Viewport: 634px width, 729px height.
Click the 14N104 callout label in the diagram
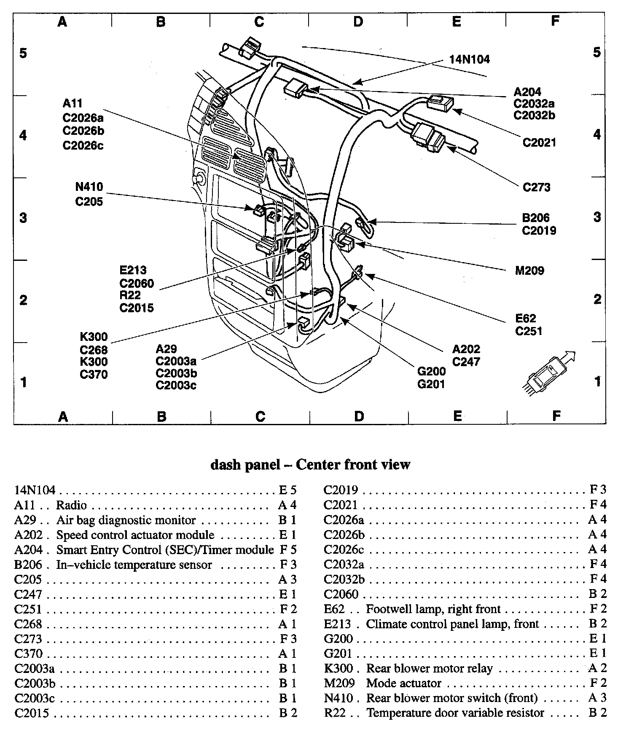pyautogui.click(x=470, y=59)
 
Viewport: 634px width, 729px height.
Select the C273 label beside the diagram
pyautogui.click(x=537, y=187)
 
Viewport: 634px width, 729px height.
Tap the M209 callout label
pyautogui.click(x=529, y=271)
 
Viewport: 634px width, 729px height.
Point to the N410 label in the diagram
pyautogui.click(x=89, y=187)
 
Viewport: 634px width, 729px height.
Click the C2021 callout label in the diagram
pyautogui.click(x=540, y=142)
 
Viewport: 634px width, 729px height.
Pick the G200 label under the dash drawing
pyautogui.click(x=431, y=371)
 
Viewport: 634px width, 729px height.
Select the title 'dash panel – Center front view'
pyautogui.click(x=310, y=464)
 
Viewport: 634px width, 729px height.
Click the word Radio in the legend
pyautogui.click(x=71, y=505)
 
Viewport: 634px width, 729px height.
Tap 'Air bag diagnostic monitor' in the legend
pyautogui.click(x=126, y=520)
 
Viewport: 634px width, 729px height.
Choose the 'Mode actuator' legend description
pyautogui.click(x=404, y=683)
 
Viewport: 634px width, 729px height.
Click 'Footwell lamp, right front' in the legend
pyautogui.click(x=433, y=609)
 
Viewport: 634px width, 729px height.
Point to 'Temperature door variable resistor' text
pyautogui.click(x=455, y=713)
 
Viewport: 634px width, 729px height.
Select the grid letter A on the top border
pyautogui.click(x=62, y=21)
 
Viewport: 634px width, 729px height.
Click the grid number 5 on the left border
pyautogui.click(x=23, y=53)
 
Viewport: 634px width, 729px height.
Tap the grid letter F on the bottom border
pyautogui.click(x=556, y=416)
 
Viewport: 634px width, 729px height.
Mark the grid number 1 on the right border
pyautogui.click(x=597, y=381)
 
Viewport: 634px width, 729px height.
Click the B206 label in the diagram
pyautogui.click(x=536, y=217)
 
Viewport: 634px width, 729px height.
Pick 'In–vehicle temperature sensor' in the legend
pyautogui.click(x=134, y=564)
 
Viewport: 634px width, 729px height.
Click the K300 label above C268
pyautogui.click(x=94, y=337)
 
